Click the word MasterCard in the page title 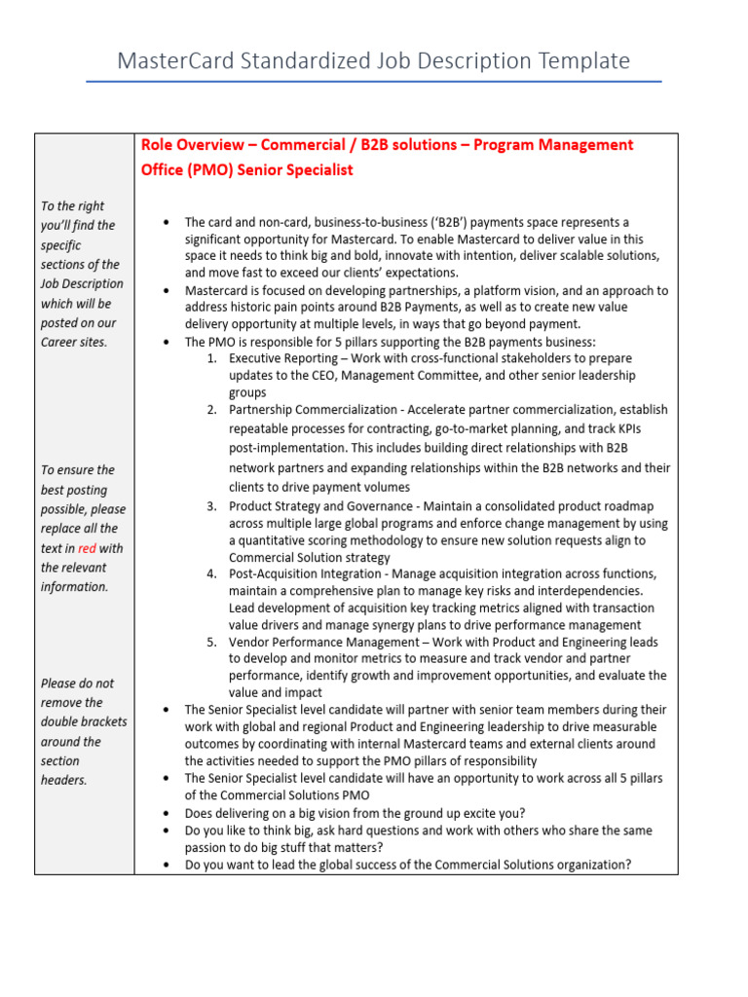[x=171, y=61]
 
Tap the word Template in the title [x=580, y=61]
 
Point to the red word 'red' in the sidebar [x=87, y=548]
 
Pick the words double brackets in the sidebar [x=84, y=721]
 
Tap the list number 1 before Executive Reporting [x=211, y=358]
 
